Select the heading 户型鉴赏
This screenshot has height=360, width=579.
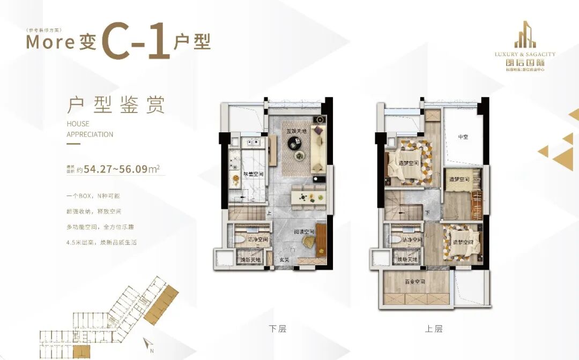pos(115,105)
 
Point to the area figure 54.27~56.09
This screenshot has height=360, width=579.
pos(115,170)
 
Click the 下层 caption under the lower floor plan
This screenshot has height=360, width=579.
pos(278,329)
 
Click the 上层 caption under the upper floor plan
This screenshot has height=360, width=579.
pos(434,329)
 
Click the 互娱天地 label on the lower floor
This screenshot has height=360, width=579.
pos(296,131)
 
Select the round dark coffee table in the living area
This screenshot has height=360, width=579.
pos(295,142)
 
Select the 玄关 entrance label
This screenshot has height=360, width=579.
pos(284,260)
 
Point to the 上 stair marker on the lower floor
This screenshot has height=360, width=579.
pos(269,212)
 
